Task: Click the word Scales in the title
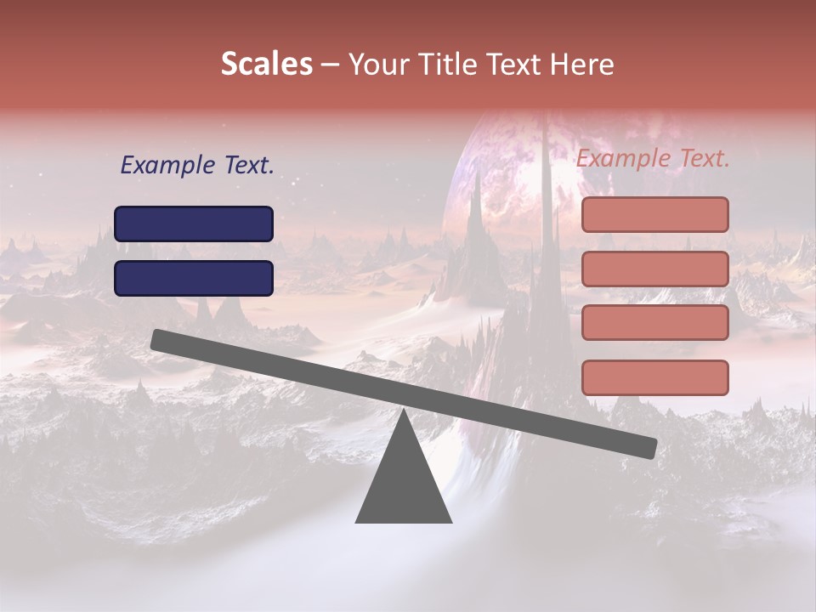pyautogui.click(x=266, y=65)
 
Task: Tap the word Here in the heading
pyautogui.click(x=581, y=65)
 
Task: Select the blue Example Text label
pyautogui.click(x=197, y=166)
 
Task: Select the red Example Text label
pyautogui.click(x=653, y=158)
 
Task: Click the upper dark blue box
pyautogui.click(x=194, y=224)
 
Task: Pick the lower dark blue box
pyautogui.click(x=194, y=278)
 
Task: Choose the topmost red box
pyautogui.click(x=654, y=214)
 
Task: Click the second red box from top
pyautogui.click(x=654, y=269)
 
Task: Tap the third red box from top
pyautogui.click(x=654, y=323)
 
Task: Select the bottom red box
pyautogui.click(x=654, y=377)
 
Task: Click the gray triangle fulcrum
pyautogui.click(x=403, y=484)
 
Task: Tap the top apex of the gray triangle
pyautogui.click(x=403, y=413)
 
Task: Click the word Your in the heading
pyautogui.click(x=378, y=65)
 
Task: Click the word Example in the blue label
pyautogui.click(x=167, y=166)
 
